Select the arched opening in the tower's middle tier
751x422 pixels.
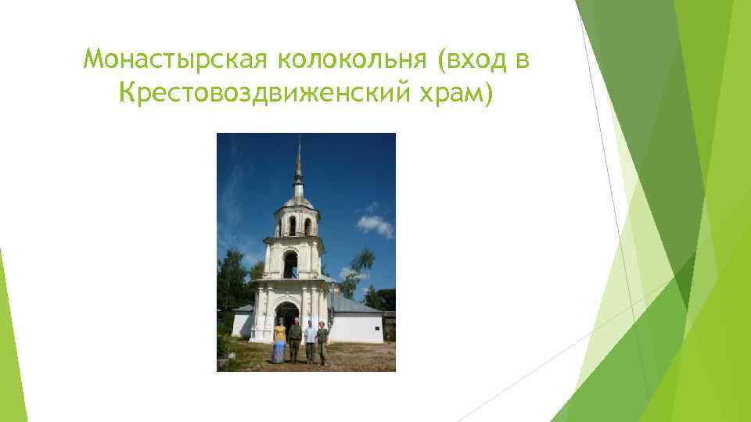click(290, 264)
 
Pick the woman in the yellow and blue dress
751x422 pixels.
click(279, 342)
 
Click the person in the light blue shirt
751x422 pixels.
click(310, 341)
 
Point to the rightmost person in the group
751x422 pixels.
click(322, 342)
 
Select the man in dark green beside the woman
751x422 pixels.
click(295, 341)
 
